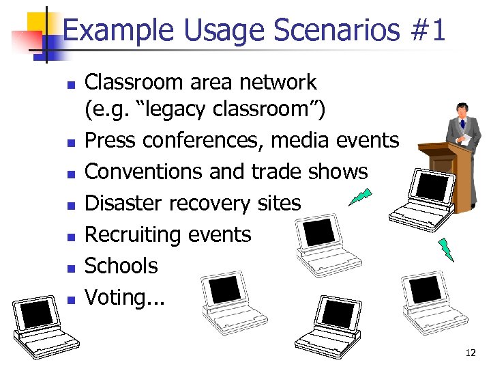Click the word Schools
click(121, 266)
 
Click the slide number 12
click(470, 353)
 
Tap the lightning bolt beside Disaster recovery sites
click(360, 197)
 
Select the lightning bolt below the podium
click(445, 249)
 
